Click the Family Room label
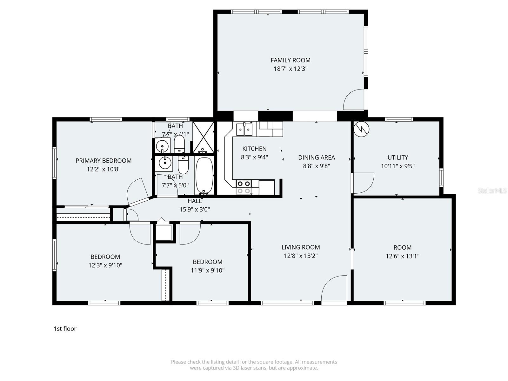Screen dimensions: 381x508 pyautogui.click(x=290, y=60)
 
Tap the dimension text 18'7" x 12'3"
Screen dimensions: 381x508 pyautogui.click(x=290, y=69)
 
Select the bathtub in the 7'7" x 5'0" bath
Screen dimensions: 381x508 pyautogui.click(x=204, y=176)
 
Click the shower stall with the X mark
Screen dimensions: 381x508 pyautogui.click(x=204, y=137)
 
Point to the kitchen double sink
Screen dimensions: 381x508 pyautogui.click(x=244, y=130)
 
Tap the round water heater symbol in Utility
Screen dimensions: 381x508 pyautogui.click(x=362, y=129)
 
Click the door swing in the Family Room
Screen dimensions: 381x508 pyautogui.click(x=354, y=100)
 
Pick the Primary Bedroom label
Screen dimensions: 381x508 pyautogui.click(x=104, y=161)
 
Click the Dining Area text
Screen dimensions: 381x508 pyautogui.click(x=316, y=157)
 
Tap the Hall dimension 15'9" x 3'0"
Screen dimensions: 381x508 pyautogui.click(x=195, y=209)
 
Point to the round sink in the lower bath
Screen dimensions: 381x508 pyautogui.click(x=165, y=163)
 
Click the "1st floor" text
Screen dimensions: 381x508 pyautogui.click(x=65, y=329)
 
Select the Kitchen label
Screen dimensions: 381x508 pyautogui.click(x=254, y=149)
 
